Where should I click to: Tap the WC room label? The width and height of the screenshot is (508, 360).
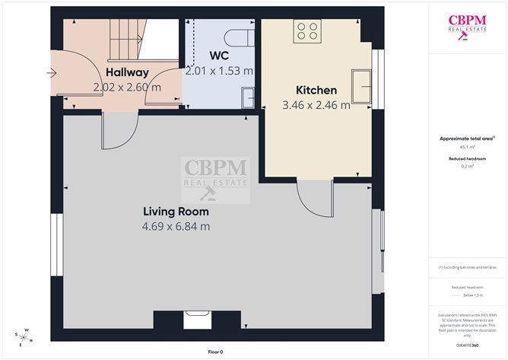click(221, 56)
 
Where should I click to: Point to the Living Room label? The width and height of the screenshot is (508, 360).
click(176, 211)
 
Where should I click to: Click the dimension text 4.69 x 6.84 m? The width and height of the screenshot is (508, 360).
click(176, 226)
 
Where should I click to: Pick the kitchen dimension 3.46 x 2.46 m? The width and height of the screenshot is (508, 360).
click(316, 105)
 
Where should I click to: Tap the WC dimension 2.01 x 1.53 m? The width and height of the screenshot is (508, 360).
click(220, 71)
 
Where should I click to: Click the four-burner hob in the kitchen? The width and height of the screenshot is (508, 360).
click(307, 30)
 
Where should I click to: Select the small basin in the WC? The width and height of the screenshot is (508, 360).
click(249, 97)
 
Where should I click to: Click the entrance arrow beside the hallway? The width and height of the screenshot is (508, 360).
click(52, 74)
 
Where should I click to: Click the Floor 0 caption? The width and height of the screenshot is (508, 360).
click(216, 352)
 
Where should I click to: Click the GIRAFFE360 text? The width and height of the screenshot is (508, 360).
click(467, 345)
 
